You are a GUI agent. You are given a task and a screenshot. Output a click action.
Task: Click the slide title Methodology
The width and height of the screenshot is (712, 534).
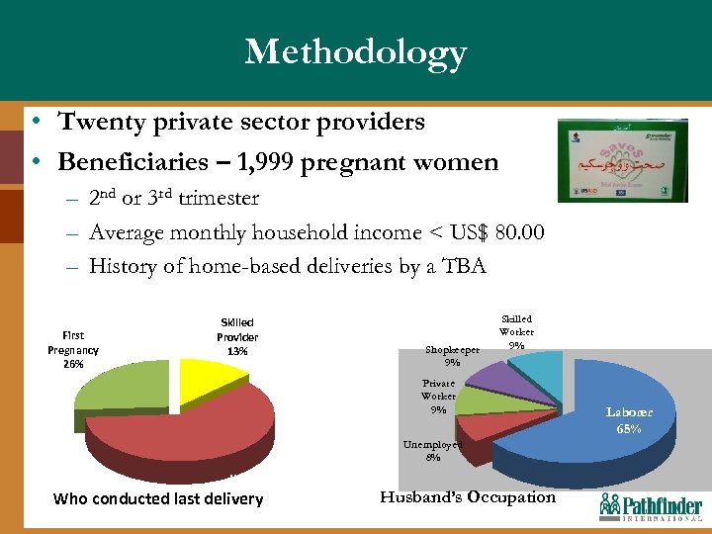(x=356, y=51)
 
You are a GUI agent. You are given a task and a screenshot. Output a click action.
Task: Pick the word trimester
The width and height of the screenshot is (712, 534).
(x=212, y=199)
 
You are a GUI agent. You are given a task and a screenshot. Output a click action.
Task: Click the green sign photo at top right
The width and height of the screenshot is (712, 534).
(x=622, y=160)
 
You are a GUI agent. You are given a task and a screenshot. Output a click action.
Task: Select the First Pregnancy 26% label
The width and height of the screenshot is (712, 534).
(x=73, y=349)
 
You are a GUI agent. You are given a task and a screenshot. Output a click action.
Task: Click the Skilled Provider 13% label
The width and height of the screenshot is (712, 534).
(x=237, y=336)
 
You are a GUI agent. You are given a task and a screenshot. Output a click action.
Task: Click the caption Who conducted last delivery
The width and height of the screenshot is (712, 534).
(x=158, y=498)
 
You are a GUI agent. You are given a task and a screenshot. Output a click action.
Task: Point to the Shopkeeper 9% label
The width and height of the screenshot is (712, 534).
(x=452, y=355)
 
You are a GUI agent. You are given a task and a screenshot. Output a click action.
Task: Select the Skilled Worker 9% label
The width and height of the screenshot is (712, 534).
(x=516, y=331)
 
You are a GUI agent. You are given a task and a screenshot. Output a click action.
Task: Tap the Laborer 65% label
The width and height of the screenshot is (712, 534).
(x=630, y=420)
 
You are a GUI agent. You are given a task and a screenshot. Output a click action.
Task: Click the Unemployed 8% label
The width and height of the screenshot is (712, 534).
(x=432, y=451)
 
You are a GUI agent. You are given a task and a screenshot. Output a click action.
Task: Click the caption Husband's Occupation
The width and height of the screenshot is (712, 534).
(x=468, y=497)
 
